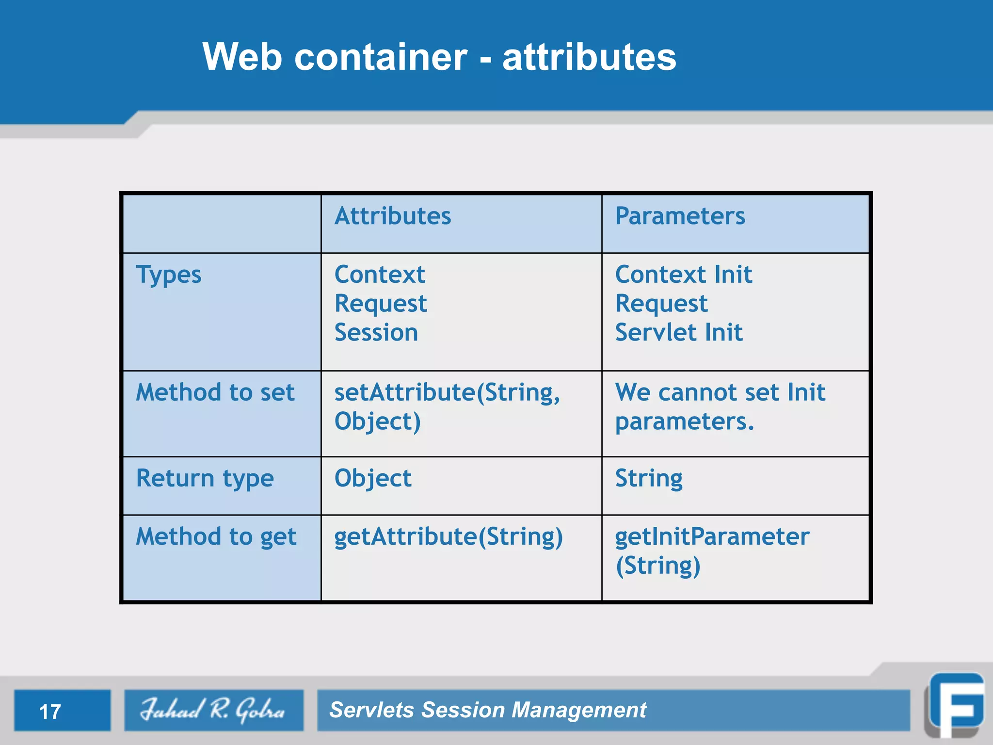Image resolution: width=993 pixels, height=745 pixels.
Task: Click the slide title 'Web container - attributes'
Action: (439, 57)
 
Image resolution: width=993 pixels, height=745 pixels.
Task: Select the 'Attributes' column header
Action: (393, 216)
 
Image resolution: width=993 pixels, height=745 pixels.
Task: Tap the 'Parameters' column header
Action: (680, 216)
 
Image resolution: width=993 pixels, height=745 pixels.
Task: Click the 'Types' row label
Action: (169, 275)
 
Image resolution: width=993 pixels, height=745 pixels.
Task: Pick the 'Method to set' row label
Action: (215, 392)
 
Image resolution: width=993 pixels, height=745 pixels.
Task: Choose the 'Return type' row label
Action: (205, 479)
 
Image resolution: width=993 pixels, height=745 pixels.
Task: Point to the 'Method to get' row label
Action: (216, 537)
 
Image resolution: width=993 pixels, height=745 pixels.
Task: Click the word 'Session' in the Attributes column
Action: (376, 333)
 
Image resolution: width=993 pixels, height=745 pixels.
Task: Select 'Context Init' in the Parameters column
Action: (684, 275)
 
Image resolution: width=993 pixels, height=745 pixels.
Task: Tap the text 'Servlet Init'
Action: (679, 333)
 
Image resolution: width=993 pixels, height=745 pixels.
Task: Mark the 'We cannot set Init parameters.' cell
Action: (720, 406)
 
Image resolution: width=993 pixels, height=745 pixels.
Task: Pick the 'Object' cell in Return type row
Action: (373, 479)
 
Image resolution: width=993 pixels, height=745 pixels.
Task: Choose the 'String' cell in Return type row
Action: (649, 479)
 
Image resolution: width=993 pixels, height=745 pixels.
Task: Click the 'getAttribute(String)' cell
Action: (448, 537)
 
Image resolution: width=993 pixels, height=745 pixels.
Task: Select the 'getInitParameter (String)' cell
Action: (712, 551)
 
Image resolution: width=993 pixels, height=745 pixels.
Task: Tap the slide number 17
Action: (50, 712)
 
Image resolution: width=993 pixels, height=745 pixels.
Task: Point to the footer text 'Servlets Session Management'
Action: (487, 710)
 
